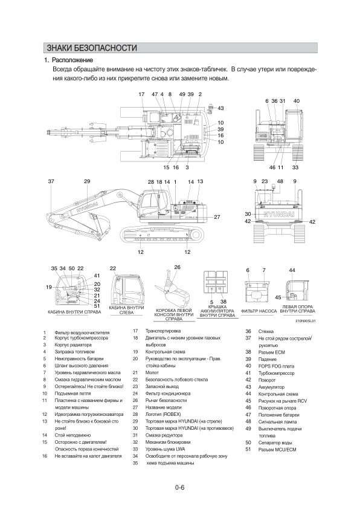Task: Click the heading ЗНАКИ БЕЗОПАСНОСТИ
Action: [92, 48]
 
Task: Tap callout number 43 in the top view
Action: [220, 108]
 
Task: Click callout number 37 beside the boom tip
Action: [51, 181]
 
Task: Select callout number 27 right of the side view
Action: [217, 217]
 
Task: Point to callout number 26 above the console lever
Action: [177, 267]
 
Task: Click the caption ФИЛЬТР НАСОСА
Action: [259, 311]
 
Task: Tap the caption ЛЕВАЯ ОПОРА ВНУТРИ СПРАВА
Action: [297, 309]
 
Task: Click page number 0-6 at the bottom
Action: [179, 487]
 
